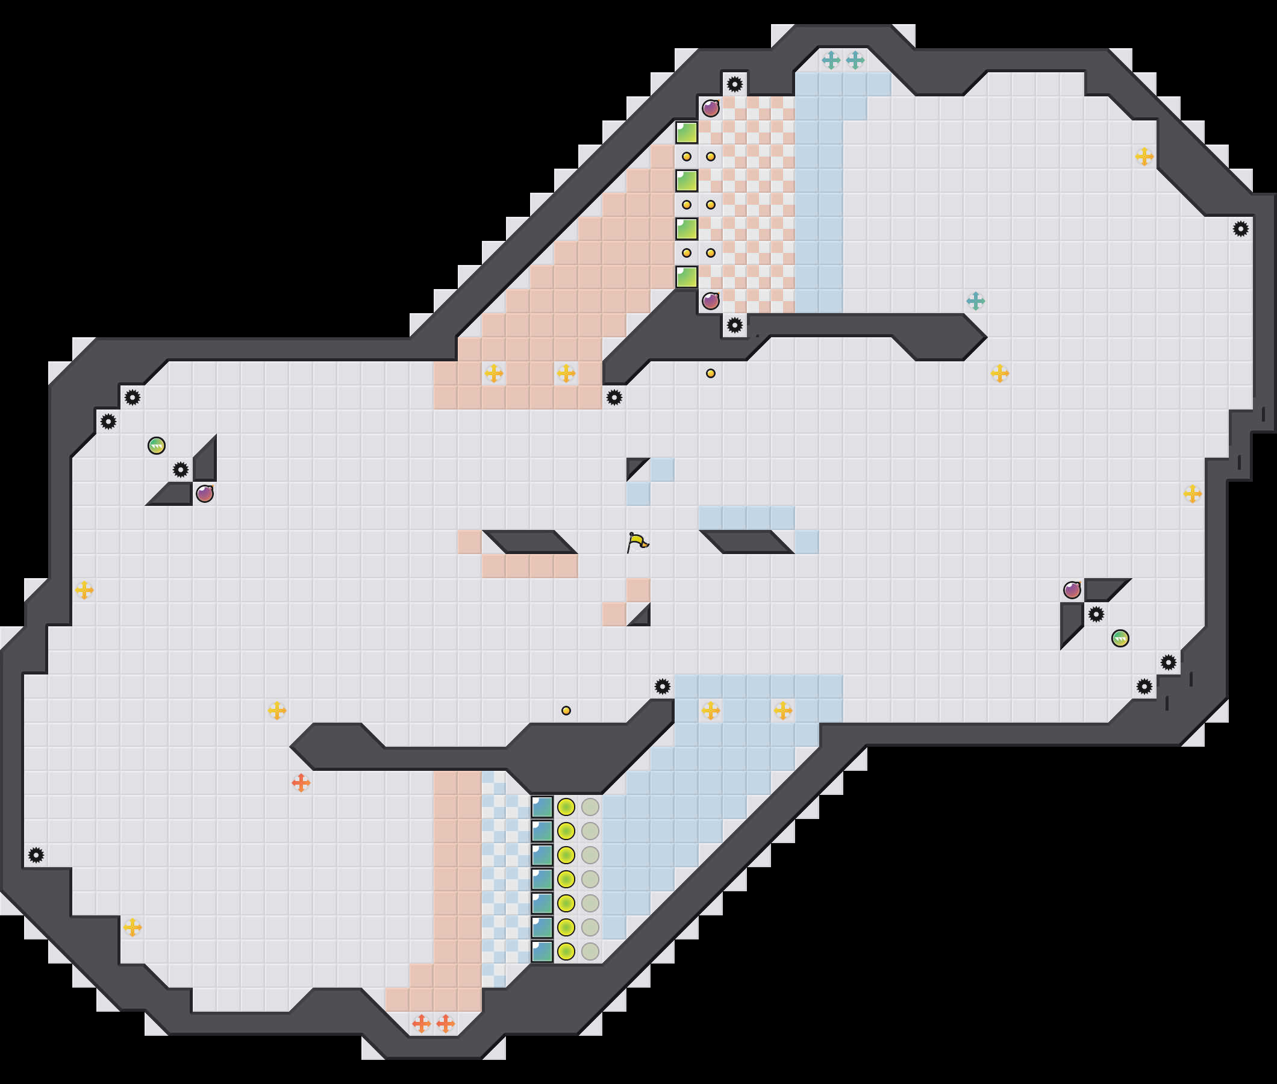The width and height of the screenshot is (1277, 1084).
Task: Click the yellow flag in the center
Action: point(638,542)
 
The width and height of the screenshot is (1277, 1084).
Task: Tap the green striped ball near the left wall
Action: point(157,446)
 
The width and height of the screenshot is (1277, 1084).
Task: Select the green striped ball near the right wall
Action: point(1120,638)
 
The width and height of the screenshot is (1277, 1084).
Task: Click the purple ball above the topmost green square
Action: point(711,108)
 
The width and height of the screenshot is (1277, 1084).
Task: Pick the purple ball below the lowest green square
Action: point(711,301)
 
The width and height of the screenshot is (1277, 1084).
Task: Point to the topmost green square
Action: point(687,132)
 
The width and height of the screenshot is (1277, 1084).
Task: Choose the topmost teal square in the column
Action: point(542,807)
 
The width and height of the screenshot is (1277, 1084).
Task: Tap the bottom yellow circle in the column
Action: point(566,952)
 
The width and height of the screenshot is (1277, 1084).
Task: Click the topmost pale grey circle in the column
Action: point(590,807)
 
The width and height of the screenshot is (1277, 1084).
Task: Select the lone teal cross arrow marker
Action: point(976,301)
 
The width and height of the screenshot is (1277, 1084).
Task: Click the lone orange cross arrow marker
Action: point(301,783)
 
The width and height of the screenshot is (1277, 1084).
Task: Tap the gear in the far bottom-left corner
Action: point(36,855)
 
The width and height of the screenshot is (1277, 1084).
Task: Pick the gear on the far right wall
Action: point(1241,229)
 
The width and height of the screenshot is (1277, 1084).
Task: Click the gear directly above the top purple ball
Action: point(735,84)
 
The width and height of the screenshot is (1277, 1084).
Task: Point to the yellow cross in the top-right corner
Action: point(1144,157)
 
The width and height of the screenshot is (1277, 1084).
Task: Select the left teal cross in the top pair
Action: point(831,60)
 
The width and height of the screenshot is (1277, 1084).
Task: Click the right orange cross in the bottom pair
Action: point(446,1024)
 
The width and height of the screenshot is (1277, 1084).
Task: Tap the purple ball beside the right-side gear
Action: point(1072,590)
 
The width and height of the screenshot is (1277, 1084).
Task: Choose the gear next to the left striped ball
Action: point(181,470)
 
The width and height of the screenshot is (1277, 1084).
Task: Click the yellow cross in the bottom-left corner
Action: point(133,927)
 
